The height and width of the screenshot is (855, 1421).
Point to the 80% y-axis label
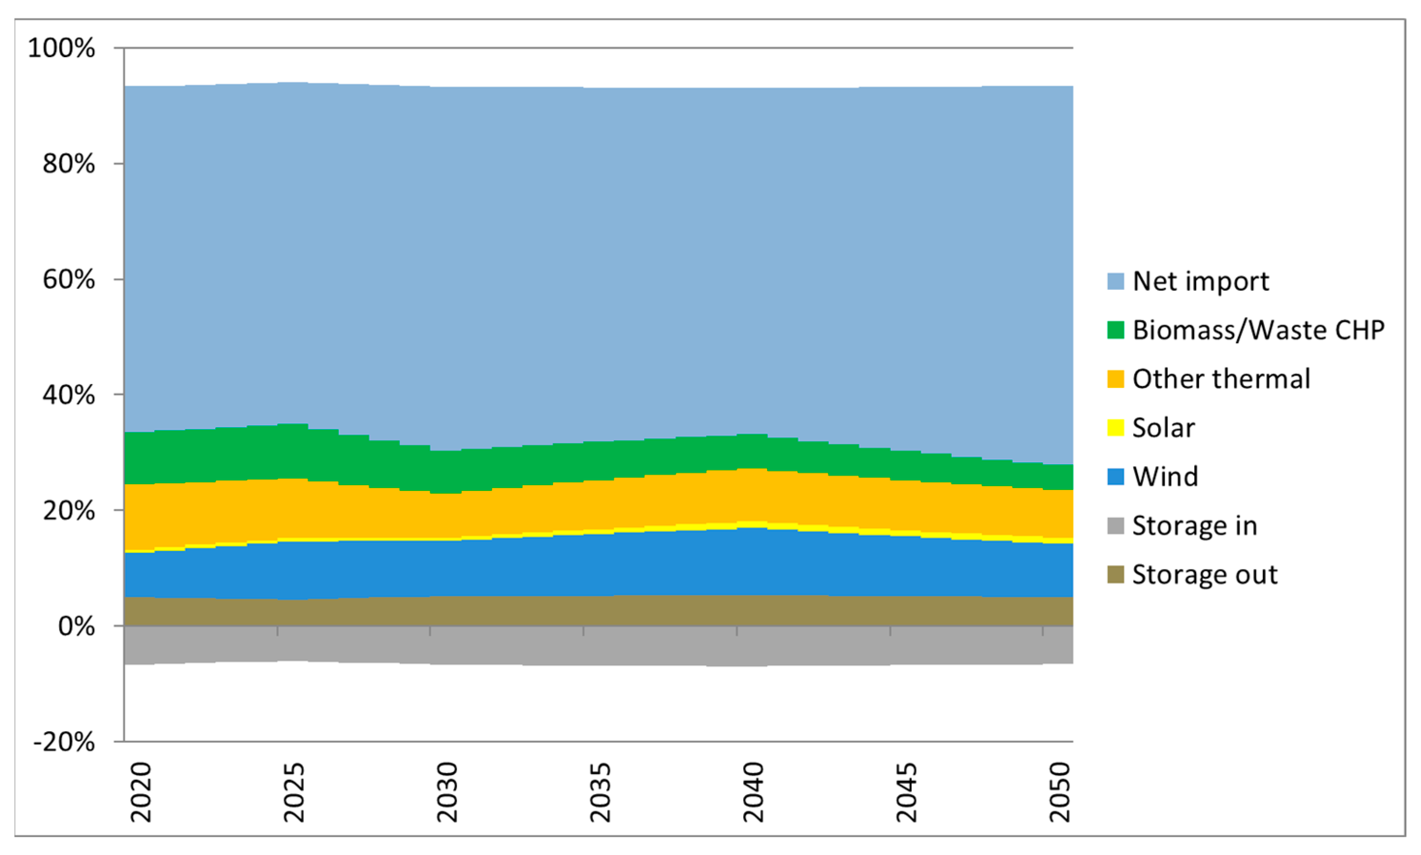click(x=68, y=164)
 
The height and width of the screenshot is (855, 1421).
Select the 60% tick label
click(x=68, y=279)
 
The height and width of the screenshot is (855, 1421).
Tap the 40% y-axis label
click(x=68, y=395)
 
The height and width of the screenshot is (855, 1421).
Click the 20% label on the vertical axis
click(x=68, y=510)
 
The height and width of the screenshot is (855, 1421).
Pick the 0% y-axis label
click(x=76, y=626)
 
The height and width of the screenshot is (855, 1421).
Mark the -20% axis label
click(x=63, y=742)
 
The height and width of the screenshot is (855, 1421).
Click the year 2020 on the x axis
click(x=141, y=792)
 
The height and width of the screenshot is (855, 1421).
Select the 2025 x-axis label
click(x=294, y=792)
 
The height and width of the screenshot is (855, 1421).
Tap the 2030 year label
click(x=447, y=792)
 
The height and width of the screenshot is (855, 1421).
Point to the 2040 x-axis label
click(x=754, y=792)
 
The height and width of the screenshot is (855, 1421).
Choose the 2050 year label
click(x=1060, y=792)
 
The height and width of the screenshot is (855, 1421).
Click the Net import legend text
click(x=1200, y=281)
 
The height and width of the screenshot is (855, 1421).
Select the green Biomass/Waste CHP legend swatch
click(x=1115, y=330)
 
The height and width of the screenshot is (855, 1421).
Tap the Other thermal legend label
click(x=1221, y=379)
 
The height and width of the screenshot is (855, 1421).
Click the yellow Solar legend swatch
click(x=1115, y=428)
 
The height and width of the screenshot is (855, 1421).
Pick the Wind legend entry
click(x=1165, y=477)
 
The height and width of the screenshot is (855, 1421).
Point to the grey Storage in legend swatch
click(x=1115, y=526)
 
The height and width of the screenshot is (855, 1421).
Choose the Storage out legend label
click(x=1205, y=575)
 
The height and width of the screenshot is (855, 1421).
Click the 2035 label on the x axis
click(x=600, y=792)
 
